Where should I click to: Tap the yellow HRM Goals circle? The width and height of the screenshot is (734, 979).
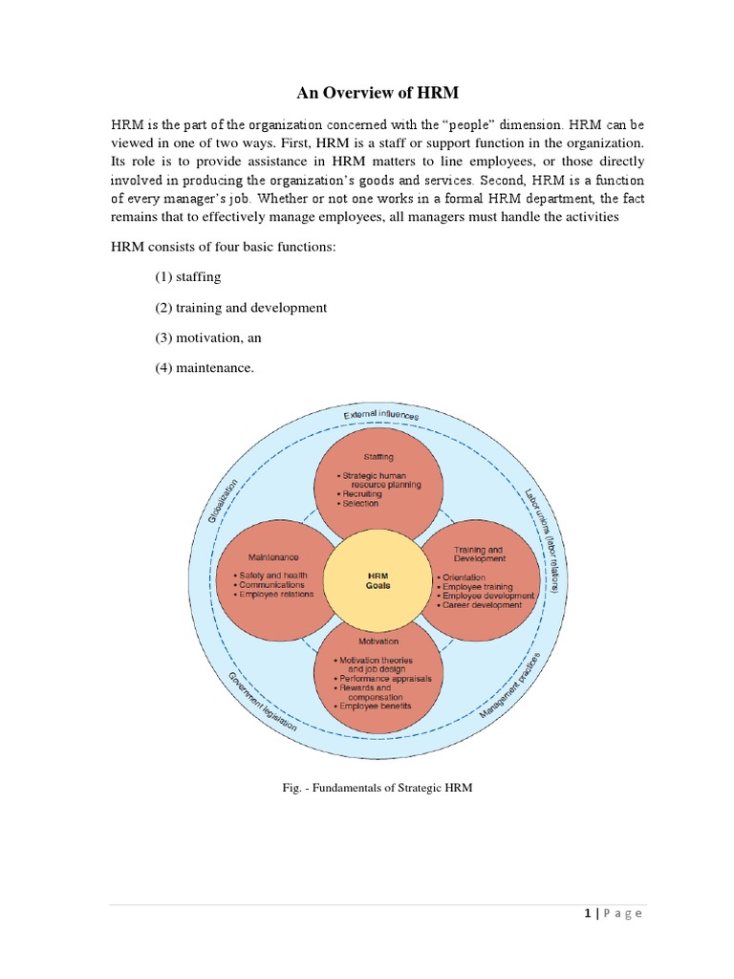(378, 580)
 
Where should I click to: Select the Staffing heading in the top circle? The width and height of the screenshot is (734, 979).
(378, 457)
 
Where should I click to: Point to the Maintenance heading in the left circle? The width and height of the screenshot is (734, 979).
(273, 556)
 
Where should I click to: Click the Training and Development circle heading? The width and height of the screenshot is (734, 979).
(479, 555)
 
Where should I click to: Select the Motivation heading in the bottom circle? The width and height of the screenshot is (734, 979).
(378, 642)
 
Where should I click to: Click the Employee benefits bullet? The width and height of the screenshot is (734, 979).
(374, 706)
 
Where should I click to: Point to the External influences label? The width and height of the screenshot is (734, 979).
(380, 415)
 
